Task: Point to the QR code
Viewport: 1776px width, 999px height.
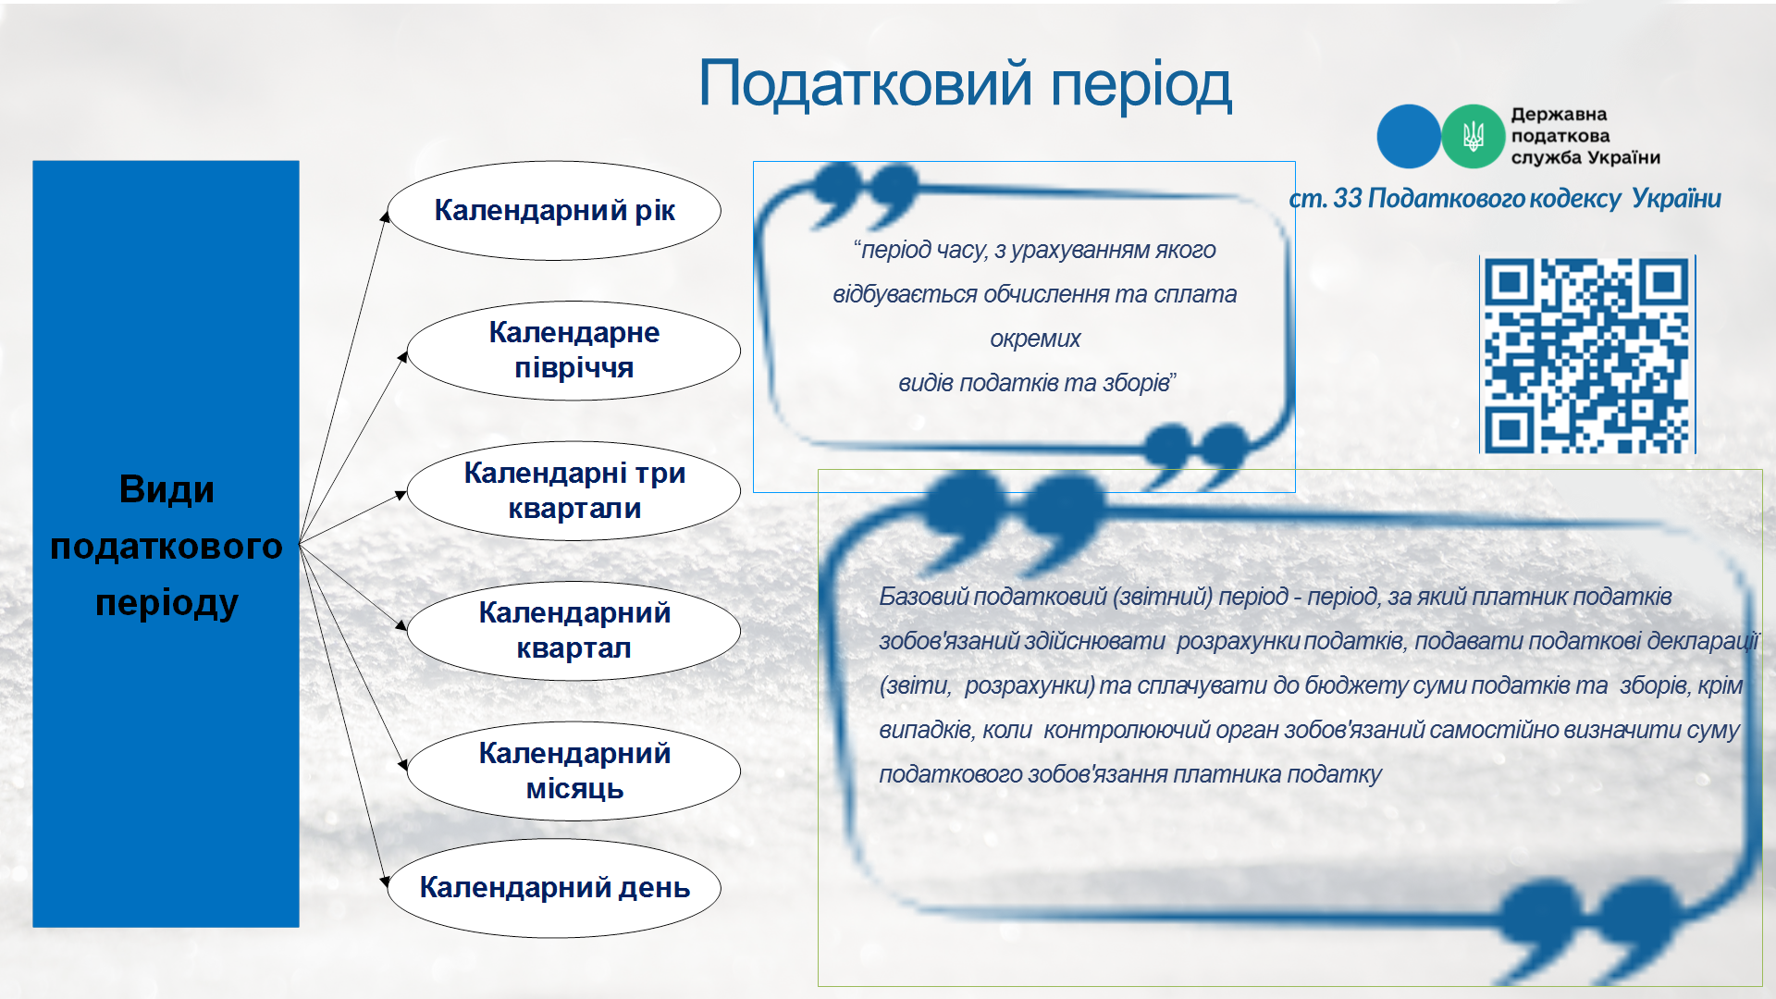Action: coord(1587,355)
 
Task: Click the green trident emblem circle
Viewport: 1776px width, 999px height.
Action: coord(1473,137)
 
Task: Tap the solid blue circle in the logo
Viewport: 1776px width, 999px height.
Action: coord(1409,137)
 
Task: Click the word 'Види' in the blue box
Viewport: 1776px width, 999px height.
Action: coord(166,489)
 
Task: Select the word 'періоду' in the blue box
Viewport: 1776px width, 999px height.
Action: coord(166,603)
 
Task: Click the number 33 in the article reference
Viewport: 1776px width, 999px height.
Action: coord(1348,198)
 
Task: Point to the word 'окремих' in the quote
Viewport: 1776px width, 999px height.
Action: coord(1035,339)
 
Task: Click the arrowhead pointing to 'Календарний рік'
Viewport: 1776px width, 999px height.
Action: coord(386,216)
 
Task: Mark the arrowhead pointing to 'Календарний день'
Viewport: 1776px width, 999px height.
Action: coord(386,882)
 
